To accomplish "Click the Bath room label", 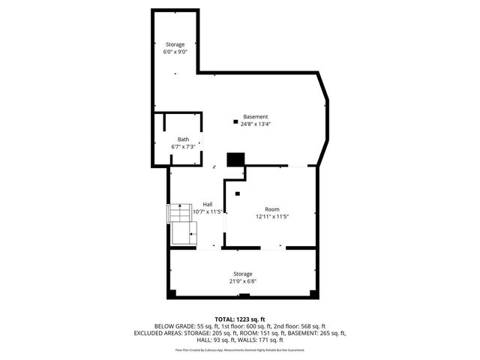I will (183, 139).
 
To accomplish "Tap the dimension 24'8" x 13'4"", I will (255, 124).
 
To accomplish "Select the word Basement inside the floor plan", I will (255, 117).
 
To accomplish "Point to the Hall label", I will (208, 204).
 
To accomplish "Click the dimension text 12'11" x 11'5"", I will (271, 217).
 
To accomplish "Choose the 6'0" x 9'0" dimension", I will (175, 52).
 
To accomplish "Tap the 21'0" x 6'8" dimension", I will (242, 281).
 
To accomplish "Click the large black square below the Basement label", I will (236, 160).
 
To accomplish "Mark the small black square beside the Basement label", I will (235, 121).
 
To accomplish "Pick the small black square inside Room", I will (238, 193).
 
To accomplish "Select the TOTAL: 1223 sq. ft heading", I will (240, 319).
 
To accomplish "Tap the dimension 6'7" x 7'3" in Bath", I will (183, 147).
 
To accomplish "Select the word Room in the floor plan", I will (271, 209).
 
